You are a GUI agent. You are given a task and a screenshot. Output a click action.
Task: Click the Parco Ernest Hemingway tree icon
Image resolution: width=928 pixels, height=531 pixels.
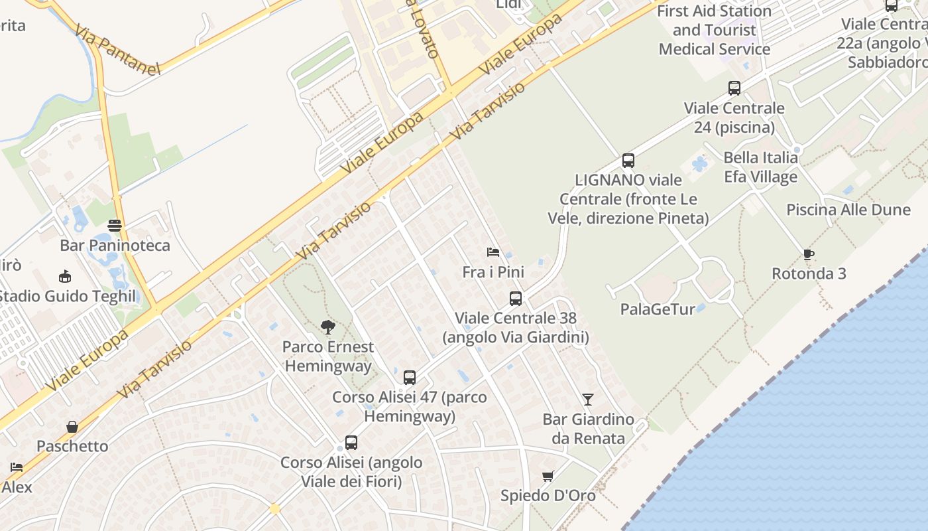327,327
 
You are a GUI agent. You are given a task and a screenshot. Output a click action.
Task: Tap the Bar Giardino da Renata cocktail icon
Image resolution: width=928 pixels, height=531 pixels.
587,399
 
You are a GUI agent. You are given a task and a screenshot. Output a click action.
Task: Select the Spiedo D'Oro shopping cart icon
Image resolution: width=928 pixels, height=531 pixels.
548,476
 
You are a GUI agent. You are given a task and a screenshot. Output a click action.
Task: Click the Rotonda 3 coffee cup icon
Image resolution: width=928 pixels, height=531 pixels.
808,254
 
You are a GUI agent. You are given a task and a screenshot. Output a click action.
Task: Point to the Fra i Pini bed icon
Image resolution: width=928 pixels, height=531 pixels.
493,252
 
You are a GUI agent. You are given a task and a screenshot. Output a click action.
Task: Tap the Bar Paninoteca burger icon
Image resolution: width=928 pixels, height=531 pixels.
115,225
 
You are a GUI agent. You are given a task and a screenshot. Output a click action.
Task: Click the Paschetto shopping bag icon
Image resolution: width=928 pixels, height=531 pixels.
72,426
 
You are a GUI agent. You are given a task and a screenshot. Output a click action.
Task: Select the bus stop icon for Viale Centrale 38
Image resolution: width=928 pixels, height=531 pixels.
515,299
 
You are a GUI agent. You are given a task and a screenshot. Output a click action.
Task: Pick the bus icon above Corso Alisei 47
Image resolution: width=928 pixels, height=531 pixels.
410,378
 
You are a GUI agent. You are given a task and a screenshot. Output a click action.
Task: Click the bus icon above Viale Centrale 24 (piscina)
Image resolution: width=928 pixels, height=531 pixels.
734,88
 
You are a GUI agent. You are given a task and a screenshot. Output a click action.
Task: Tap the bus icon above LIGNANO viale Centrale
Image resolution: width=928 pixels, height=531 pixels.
628,160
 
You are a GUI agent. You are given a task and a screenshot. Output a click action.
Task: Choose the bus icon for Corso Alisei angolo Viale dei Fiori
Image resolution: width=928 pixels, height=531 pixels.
351,443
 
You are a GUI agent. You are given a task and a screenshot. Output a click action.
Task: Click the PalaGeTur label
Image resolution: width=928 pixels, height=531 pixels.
658,309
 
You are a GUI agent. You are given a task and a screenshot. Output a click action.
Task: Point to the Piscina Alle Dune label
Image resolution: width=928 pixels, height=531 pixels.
848,210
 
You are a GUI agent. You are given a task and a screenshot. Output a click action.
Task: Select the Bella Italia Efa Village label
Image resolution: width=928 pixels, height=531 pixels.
760,167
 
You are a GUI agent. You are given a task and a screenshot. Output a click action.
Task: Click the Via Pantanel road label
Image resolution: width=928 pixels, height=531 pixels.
117,51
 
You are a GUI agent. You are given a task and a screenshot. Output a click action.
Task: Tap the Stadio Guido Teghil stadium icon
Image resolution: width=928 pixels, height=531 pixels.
65,276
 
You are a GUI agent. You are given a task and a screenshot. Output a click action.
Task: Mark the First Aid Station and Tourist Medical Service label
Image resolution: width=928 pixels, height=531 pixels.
714,30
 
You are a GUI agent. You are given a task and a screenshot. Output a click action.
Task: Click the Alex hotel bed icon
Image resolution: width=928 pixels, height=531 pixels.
17,467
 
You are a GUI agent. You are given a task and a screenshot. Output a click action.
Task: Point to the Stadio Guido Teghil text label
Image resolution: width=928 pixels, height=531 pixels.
66,296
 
